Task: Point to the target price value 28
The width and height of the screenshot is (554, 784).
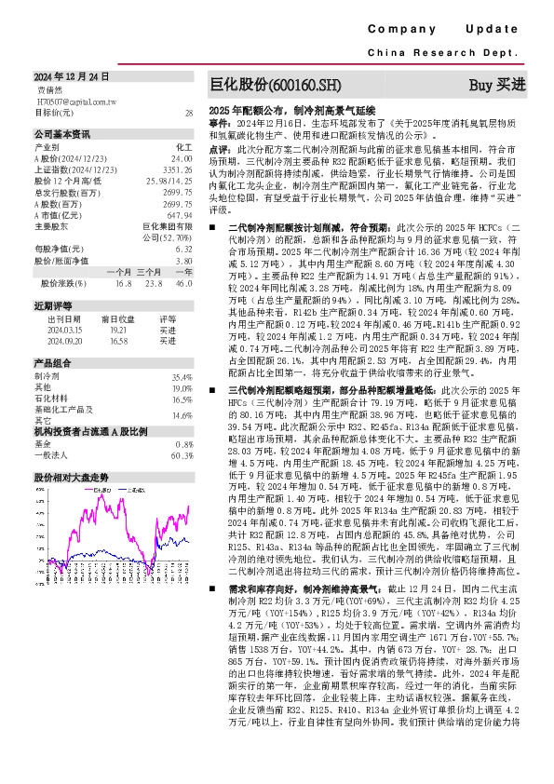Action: click(188, 112)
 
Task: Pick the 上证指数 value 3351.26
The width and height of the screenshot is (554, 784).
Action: click(177, 171)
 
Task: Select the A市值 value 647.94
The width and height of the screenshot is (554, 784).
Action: click(180, 215)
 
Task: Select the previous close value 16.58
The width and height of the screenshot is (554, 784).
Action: click(117, 342)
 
